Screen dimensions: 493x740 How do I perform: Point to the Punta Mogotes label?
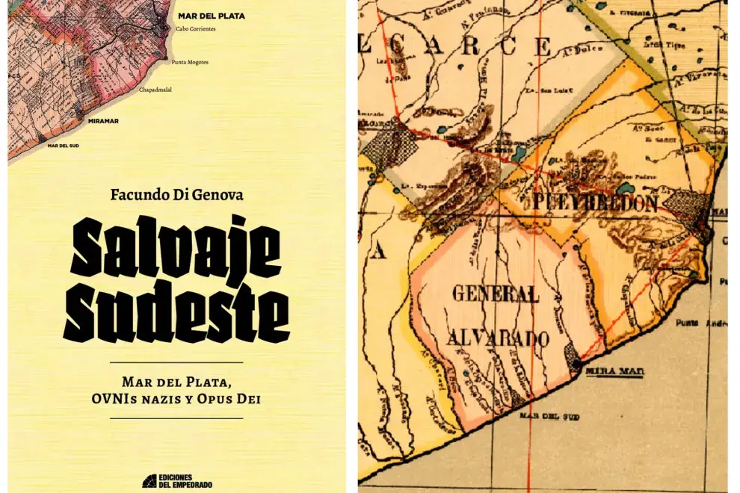(x=190, y=62)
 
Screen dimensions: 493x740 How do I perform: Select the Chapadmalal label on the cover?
(x=160, y=90)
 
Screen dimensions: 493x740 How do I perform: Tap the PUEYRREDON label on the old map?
(x=596, y=204)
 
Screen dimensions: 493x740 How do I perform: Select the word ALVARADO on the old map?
(x=498, y=338)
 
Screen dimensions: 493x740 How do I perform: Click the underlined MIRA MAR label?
(x=611, y=370)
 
